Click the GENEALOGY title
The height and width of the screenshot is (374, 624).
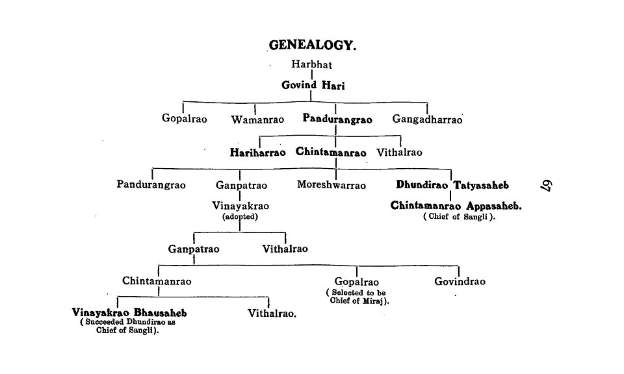313,45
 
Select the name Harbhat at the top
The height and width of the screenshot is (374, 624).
311,64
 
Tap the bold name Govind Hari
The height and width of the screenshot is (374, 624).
313,85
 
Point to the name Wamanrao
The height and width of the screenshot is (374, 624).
257,119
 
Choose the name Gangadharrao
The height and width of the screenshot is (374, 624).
427,119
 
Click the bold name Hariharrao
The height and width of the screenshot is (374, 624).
257,153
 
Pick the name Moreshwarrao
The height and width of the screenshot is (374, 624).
331,185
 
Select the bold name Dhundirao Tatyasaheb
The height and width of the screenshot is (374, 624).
452,185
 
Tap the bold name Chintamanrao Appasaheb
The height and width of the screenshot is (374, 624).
456,205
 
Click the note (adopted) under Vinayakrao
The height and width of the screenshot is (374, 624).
240,217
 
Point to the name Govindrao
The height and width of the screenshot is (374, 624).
460,281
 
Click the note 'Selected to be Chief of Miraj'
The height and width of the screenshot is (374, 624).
357,297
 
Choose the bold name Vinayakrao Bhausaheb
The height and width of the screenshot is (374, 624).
129,312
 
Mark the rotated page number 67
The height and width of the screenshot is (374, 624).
546,186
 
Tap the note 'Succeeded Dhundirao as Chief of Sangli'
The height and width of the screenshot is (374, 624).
128,327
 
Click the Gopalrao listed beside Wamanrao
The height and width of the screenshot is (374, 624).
184,118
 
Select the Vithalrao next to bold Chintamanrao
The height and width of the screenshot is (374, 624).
399,152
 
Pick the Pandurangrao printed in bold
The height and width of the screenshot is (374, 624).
337,119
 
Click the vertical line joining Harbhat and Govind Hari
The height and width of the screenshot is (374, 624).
311,75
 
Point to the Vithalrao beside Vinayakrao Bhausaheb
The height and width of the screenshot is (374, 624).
272,313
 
